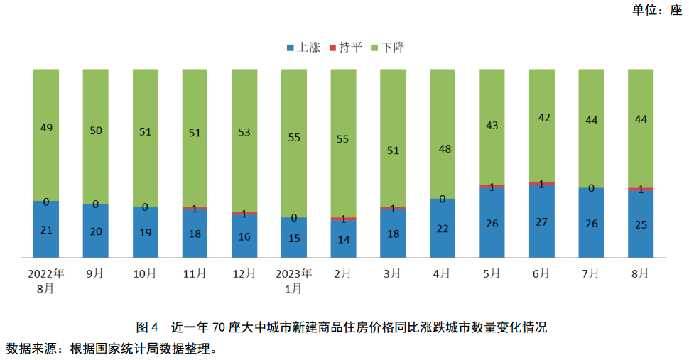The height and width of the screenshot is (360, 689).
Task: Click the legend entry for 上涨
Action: (303, 48)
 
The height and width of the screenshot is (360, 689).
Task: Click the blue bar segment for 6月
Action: (541, 221)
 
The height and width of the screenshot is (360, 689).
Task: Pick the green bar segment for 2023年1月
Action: (293, 142)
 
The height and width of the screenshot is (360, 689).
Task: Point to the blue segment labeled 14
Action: (343, 239)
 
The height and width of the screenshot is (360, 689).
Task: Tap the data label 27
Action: (541, 222)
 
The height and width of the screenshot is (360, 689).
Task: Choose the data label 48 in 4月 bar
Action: (443, 149)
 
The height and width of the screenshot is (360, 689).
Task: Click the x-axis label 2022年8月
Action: (46, 280)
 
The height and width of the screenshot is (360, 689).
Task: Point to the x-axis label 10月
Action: (145, 273)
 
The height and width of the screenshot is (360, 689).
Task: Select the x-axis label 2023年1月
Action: (293, 280)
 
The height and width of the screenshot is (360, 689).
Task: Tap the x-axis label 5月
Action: (492, 273)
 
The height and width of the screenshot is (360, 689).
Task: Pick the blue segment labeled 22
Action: (443, 228)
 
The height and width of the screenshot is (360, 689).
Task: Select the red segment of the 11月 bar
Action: (195, 208)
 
